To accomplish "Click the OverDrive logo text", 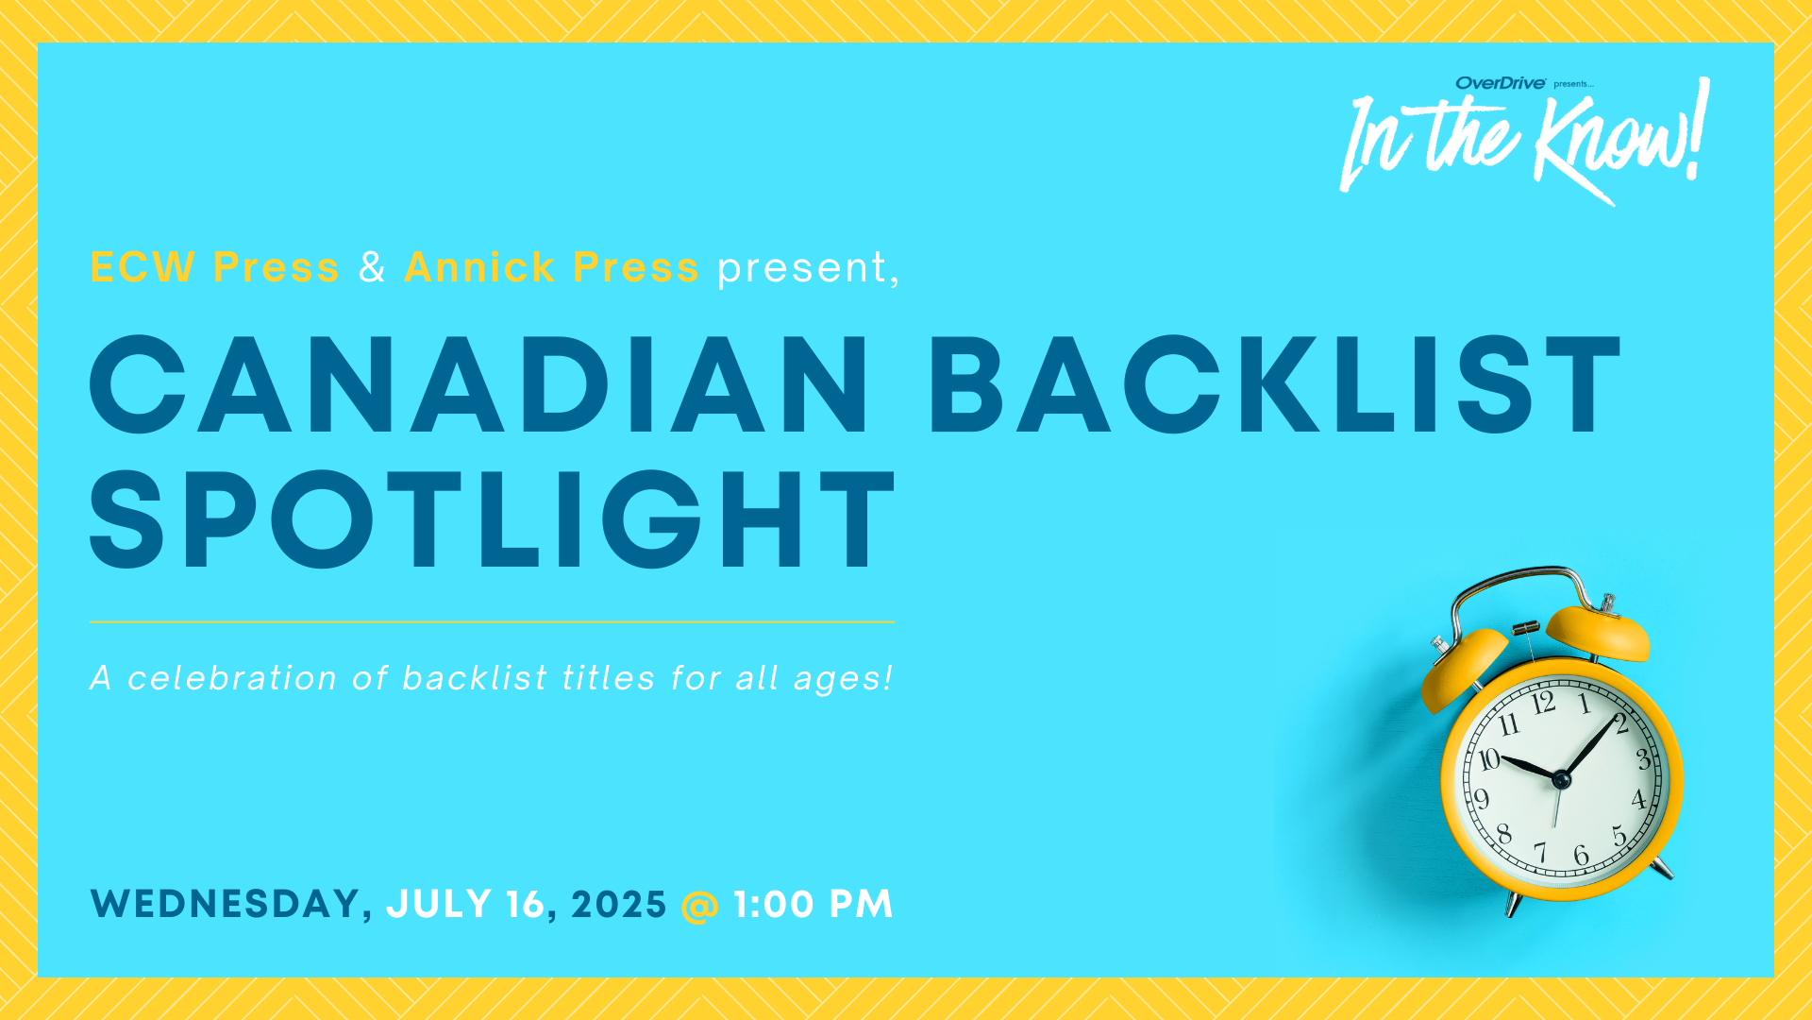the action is (1501, 83).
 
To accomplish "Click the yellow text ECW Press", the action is (214, 267).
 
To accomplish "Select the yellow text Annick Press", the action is (551, 267).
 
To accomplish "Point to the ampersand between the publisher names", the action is (372, 267).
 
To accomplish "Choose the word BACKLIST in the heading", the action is (1276, 384).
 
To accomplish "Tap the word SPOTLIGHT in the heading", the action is (492, 519).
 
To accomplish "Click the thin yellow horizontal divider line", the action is (492, 621).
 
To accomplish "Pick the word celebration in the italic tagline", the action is (232, 678).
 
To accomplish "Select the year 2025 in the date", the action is (619, 904).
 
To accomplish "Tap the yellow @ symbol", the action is (699, 905).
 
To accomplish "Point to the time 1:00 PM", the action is (814, 904).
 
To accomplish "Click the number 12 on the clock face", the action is (1544, 704).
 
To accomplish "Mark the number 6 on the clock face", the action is (1581, 856).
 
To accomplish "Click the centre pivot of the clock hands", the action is (1561, 780).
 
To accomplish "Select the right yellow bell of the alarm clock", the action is (1599, 632).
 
